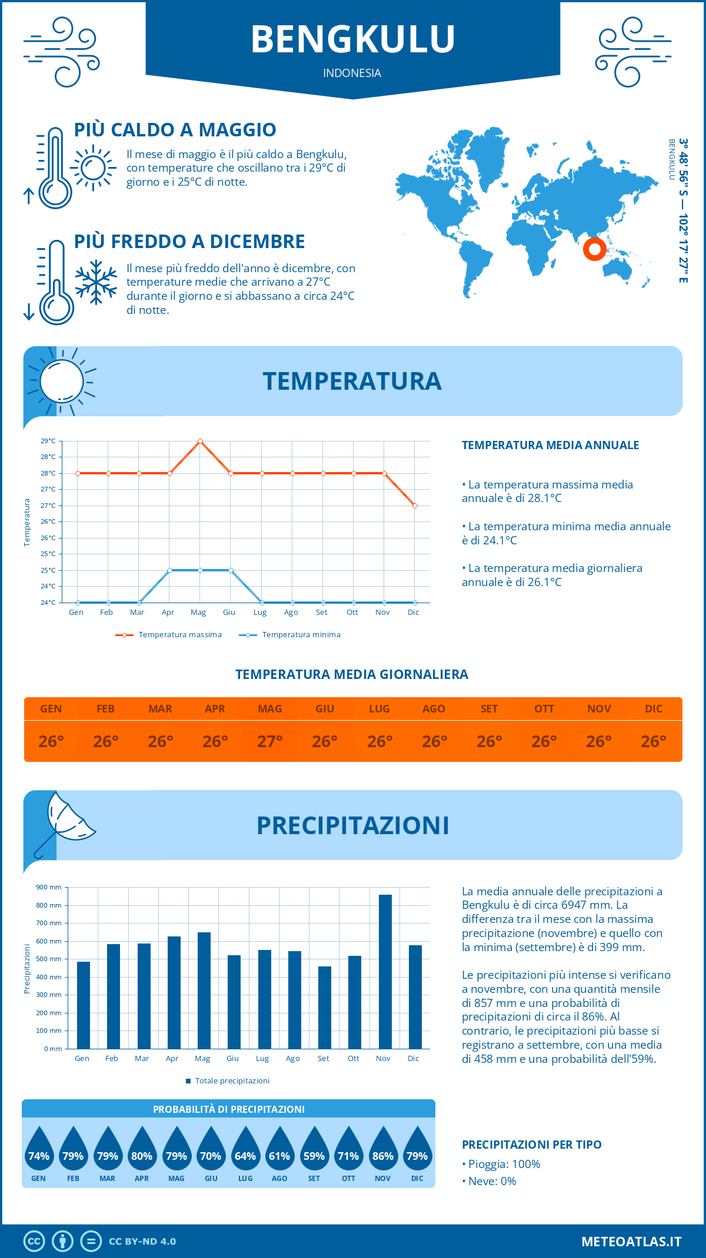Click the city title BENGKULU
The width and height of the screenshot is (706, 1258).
pyautogui.click(x=353, y=39)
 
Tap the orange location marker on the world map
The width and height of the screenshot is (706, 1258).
pyautogui.click(x=595, y=249)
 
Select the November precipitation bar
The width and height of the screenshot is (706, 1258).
pyautogui.click(x=385, y=971)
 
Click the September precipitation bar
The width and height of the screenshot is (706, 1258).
pyautogui.click(x=324, y=1007)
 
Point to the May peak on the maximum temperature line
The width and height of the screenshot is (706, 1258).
pyautogui.click(x=201, y=441)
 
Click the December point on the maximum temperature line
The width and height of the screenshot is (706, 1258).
pyautogui.click(x=415, y=506)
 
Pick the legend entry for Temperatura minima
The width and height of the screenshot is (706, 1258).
pyautogui.click(x=289, y=635)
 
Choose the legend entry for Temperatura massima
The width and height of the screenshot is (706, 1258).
pyautogui.click(x=169, y=635)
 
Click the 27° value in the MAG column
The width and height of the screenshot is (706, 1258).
pyautogui.click(x=270, y=741)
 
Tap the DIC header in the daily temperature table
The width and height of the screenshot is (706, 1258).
pyautogui.click(x=654, y=709)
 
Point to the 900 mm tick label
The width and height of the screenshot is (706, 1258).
pyautogui.click(x=49, y=887)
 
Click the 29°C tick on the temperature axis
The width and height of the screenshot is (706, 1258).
pyautogui.click(x=48, y=441)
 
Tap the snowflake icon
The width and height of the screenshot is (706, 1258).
pyautogui.click(x=96, y=282)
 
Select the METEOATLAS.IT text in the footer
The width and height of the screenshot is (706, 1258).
pyautogui.click(x=631, y=1242)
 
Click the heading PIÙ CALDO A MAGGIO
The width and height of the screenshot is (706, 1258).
pyautogui.click(x=175, y=130)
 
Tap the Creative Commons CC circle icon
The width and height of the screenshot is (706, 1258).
pyautogui.click(x=34, y=1242)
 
